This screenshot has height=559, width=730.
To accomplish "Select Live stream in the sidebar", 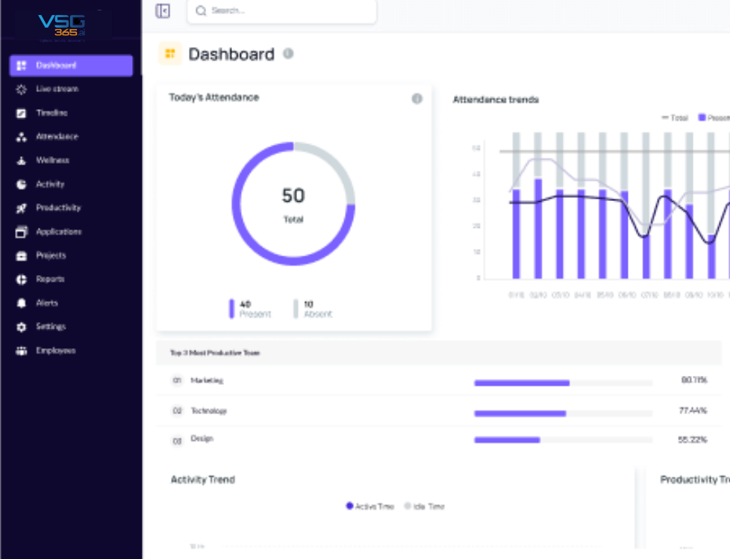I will pos(57,89).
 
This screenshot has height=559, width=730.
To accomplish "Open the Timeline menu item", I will pos(52,113).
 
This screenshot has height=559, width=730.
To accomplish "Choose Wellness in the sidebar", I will pos(52,161).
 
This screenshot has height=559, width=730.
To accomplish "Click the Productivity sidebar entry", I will pos(58,208).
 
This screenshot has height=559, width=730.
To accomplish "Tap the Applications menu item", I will pos(58,232).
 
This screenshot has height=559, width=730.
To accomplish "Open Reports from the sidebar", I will pos(50,279).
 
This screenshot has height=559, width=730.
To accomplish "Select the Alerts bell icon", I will pos(21,303).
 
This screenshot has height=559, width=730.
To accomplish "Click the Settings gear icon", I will pos(21,327).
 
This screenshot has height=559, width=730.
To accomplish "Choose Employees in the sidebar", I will pos(55,350).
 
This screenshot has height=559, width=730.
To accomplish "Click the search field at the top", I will pos(287,11).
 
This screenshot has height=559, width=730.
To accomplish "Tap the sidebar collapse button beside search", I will pos(163,11).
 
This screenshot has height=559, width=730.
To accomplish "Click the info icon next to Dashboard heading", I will pos(288,54).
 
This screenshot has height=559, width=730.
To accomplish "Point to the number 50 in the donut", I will pos(293,196).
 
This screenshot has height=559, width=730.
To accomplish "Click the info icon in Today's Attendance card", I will pos(417,99).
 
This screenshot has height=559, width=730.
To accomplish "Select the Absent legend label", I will pos(317,314).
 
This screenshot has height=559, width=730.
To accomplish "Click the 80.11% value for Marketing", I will pos(693,380).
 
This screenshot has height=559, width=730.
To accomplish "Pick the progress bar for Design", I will pos(563,440).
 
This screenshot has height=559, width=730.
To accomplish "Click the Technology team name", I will pos(208,411).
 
